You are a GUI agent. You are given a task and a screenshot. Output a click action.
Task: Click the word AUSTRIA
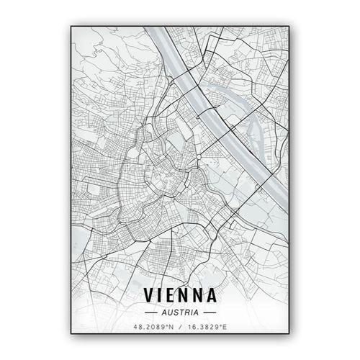pos(180,313)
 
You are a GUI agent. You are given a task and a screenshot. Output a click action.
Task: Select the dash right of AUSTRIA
pos(210,313)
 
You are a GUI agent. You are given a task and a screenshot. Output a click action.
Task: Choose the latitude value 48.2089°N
pos(153,328)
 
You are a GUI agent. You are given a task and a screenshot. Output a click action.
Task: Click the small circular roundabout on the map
pos(198,156)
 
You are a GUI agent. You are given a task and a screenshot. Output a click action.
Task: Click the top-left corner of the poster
pos(71,27)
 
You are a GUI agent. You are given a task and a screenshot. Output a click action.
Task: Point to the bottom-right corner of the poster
pos(289,334)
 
